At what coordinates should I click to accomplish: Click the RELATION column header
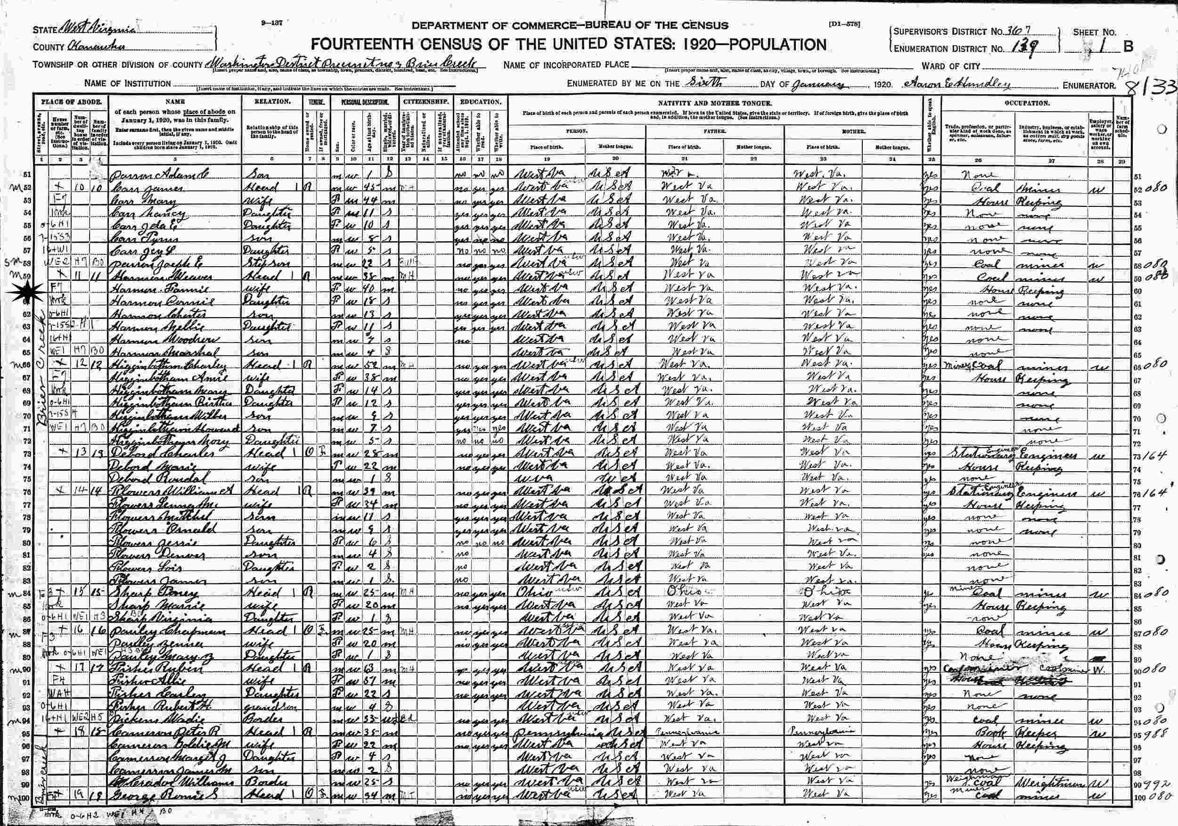point(272,102)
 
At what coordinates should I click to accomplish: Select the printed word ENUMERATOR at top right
point(1088,86)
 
